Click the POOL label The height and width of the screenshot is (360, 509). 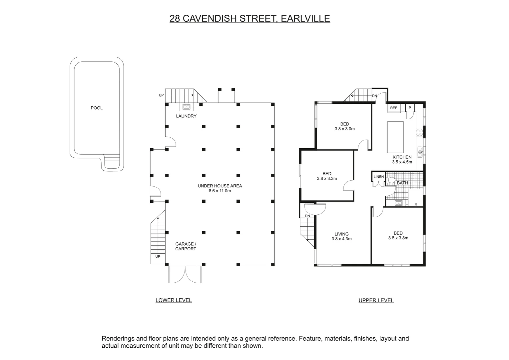click(97, 108)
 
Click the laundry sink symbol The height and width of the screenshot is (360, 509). click(187, 107)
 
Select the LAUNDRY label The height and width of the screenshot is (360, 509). click(186, 116)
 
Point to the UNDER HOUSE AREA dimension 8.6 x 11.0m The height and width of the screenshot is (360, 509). click(220, 191)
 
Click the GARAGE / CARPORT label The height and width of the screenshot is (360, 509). click(186, 246)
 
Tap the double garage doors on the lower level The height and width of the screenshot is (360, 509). click(185, 275)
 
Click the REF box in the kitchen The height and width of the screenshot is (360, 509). click(394, 108)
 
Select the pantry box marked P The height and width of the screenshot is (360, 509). click(410, 108)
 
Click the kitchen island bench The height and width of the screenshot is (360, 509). click(395, 137)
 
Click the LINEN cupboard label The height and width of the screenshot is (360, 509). click(378, 177)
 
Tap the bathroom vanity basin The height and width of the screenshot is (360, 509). click(398, 203)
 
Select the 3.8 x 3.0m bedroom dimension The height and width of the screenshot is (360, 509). click(344, 129)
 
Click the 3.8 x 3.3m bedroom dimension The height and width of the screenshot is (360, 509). click(327, 178)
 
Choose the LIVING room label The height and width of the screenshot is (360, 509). click(341, 234)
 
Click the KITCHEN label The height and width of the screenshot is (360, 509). click(402, 157)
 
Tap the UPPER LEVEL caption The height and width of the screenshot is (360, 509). click(376, 300)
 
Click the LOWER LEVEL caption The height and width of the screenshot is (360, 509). click(174, 300)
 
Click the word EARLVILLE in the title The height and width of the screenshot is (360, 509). click(305, 18)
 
